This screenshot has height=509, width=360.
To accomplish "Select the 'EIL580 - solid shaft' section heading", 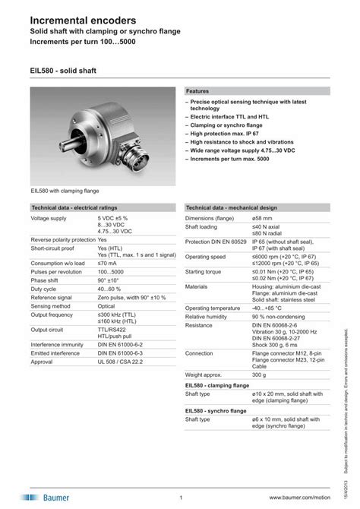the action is pos(65,71).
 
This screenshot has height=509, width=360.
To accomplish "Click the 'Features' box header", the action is pos(198,90).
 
